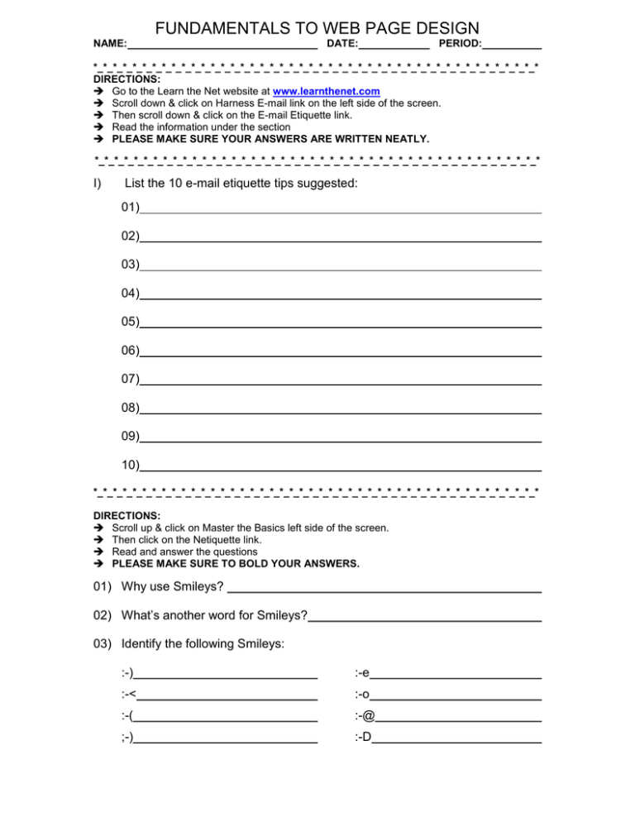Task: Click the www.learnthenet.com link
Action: coord(326,91)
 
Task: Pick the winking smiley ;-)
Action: coord(127,738)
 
